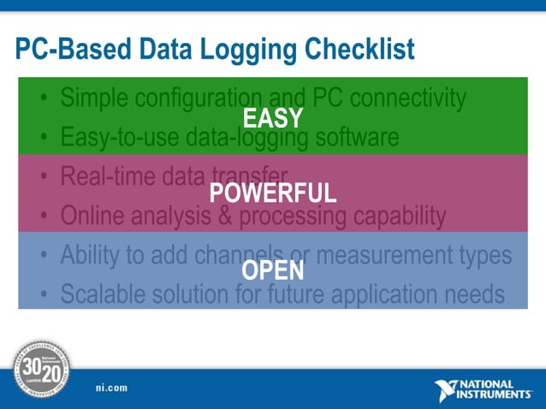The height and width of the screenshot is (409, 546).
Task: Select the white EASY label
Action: click(x=273, y=119)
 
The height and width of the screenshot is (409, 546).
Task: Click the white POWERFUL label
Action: click(x=273, y=193)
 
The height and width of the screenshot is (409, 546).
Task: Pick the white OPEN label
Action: click(x=273, y=271)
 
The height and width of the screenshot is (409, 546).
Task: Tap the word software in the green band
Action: click(x=356, y=137)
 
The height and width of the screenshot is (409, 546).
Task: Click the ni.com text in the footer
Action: click(x=111, y=388)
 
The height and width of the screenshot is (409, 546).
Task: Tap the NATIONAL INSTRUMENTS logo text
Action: click(x=496, y=390)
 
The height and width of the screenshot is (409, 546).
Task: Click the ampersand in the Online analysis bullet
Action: click(x=226, y=215)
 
